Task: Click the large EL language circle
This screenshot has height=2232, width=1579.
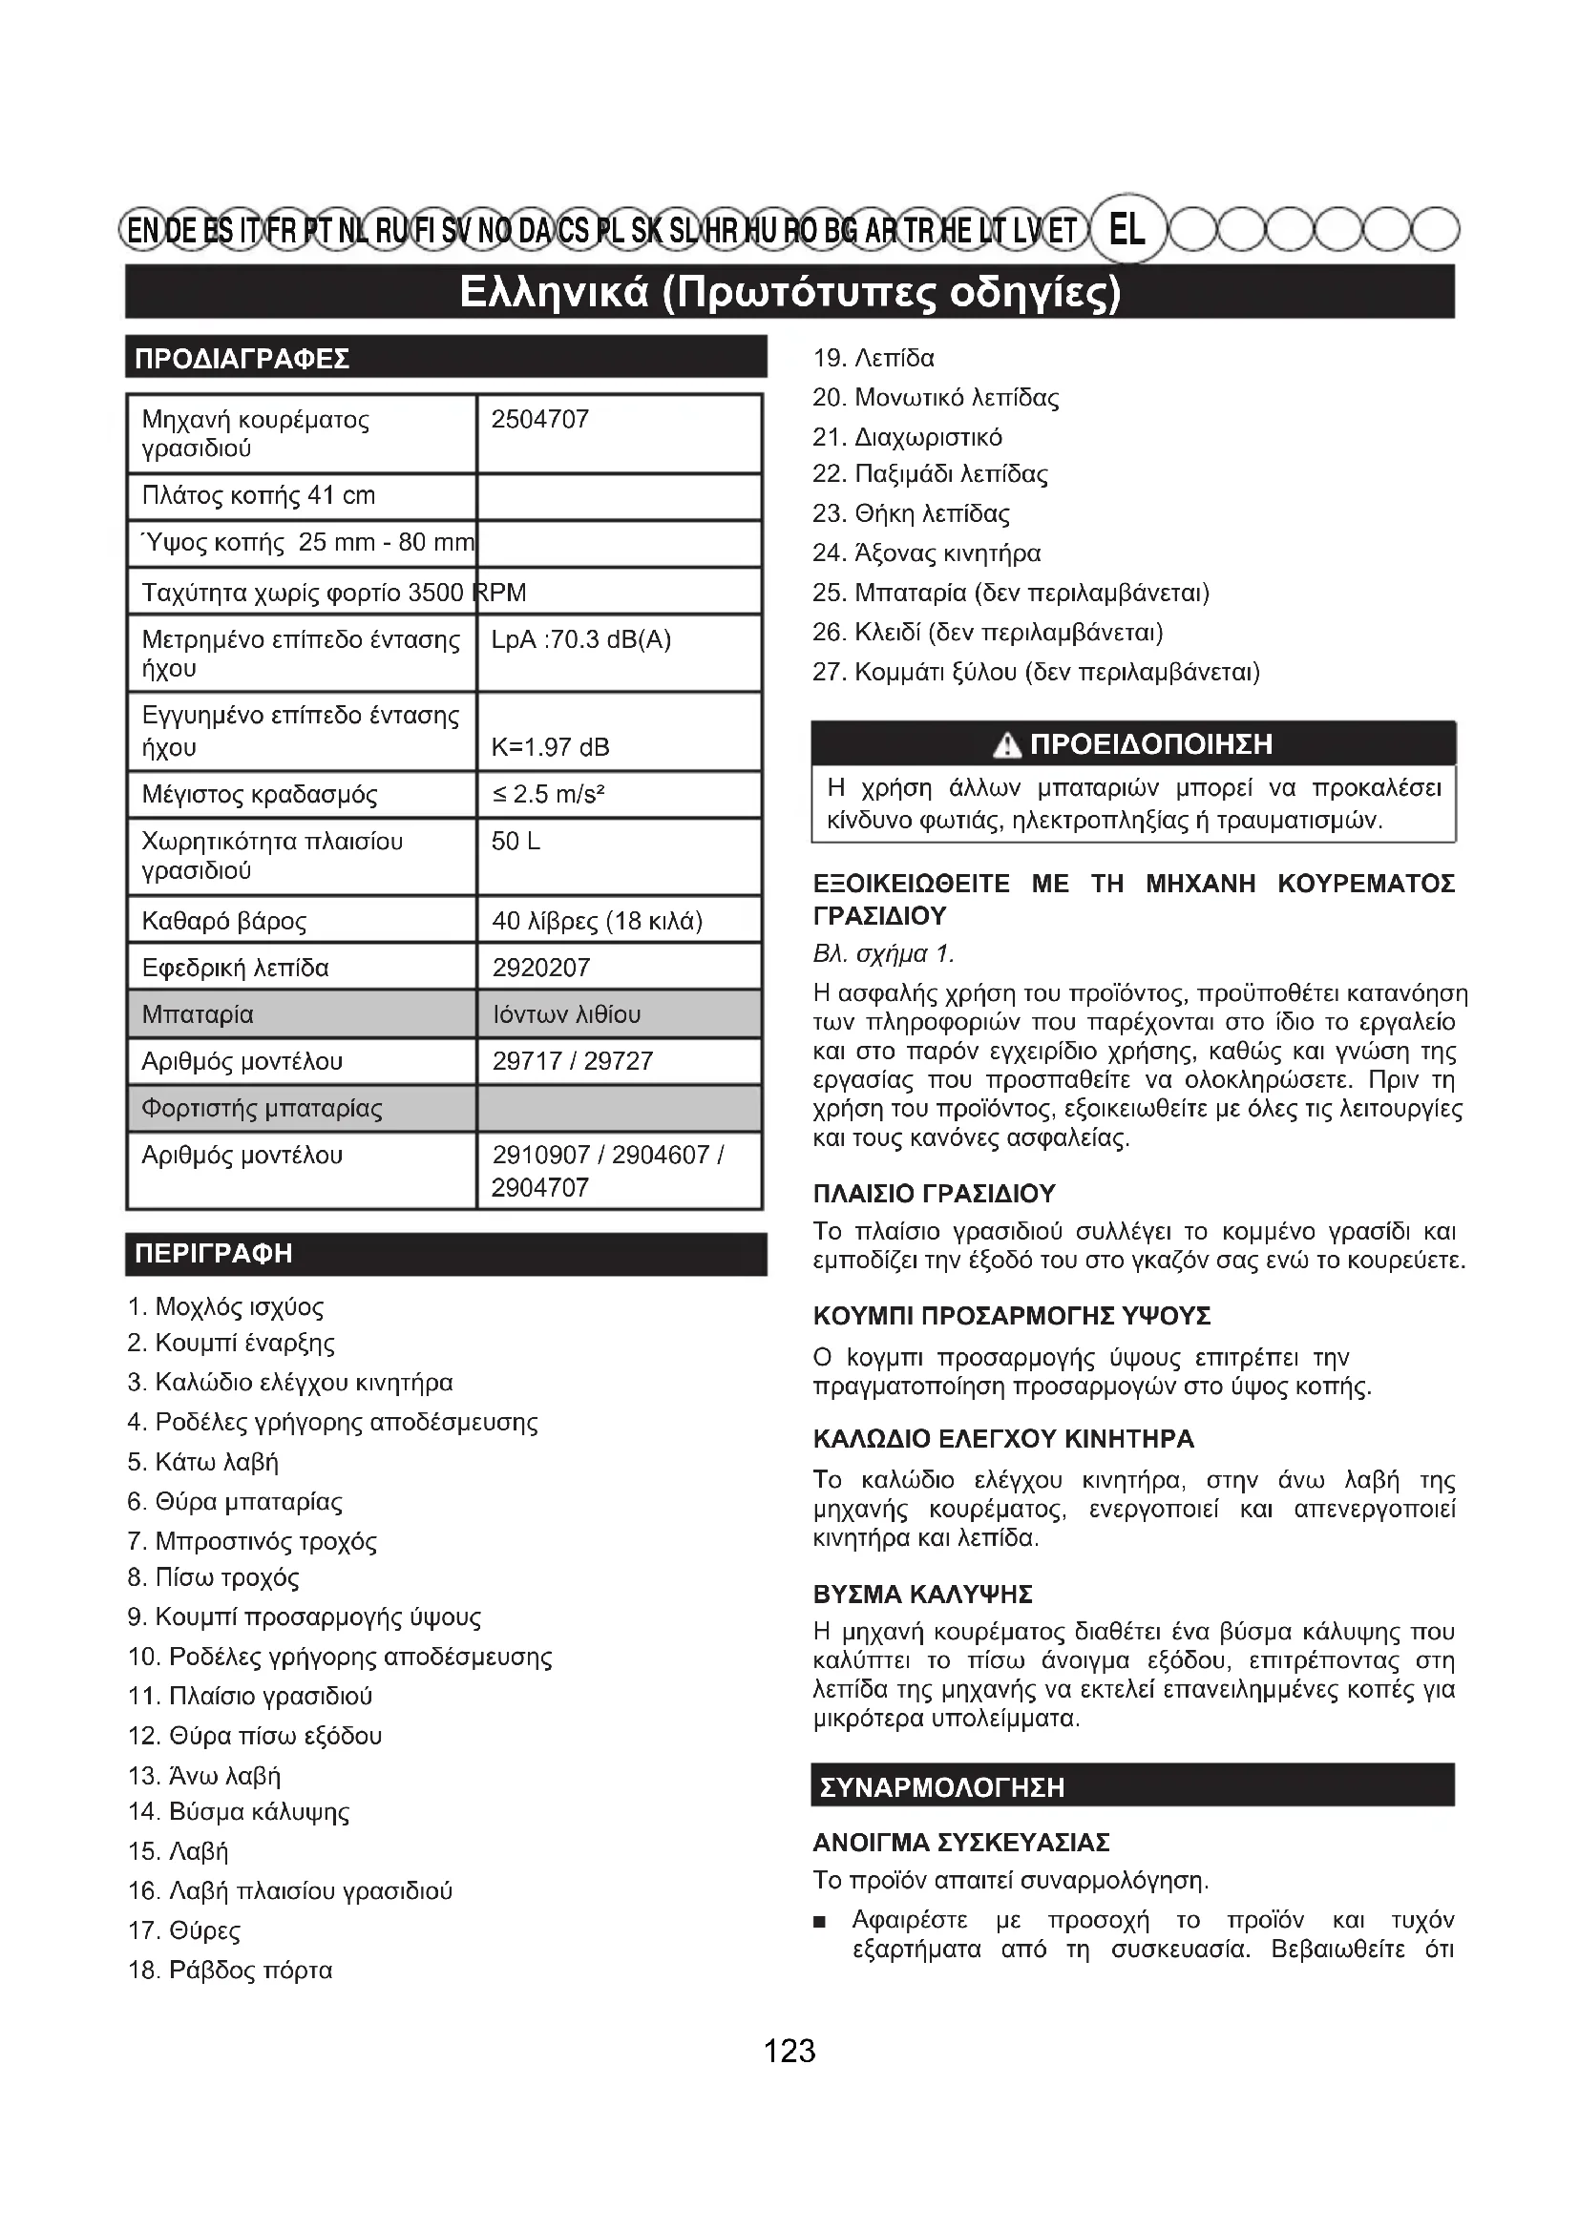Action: tap(1126, 229)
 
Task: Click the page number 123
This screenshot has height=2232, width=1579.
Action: tap(789, 2052)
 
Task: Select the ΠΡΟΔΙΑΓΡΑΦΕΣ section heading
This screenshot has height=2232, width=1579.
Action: tap(242, 359)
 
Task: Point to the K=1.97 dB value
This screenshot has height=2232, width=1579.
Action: tap(550, 746)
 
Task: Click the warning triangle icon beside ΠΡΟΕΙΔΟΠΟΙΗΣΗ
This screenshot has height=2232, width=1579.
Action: tap(1007, 745)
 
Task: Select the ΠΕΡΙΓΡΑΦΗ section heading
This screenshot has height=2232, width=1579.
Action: tap(214, 1253)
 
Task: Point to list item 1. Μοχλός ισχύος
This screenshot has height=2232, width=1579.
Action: tap(225, 1306)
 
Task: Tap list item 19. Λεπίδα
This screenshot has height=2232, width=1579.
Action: tap(874, 359)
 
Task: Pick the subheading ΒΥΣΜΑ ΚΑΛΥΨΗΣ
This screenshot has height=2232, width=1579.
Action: tap(923, 1595)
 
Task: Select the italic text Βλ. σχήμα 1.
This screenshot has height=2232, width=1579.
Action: tap(883, 953)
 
